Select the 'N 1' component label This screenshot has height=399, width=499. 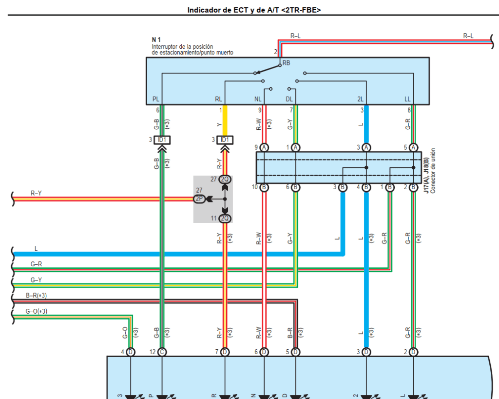coord(156,40)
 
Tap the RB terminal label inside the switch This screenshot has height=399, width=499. coord(286,63)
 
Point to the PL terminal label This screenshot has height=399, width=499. coord(155,99)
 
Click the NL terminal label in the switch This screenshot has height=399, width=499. coord(258,99)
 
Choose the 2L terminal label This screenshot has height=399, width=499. coord(360,99)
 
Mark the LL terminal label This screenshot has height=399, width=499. coord(407,99)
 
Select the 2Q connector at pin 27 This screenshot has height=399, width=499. coord(225,180)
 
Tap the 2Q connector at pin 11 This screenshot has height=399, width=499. coord(225,218)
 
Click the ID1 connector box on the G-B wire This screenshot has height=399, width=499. coord(162,140)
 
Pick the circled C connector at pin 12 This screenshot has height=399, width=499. coord(162,352)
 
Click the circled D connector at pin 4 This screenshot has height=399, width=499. coord(131,352)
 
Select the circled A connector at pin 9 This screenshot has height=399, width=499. coord(264,147)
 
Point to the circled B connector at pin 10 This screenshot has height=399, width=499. coord(264,187)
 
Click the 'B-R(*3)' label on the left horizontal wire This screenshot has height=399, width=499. coord(37,296)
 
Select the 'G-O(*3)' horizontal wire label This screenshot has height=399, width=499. coord(37,311)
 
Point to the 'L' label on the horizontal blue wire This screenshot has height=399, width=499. coord(36,249)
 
